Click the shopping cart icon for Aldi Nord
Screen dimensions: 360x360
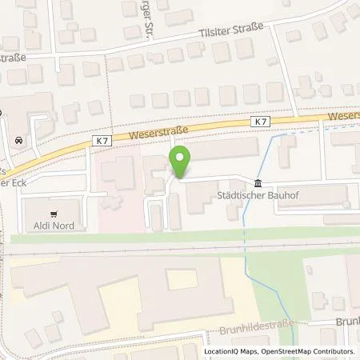tap(54, 214)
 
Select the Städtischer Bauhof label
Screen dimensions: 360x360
tap(253, 194)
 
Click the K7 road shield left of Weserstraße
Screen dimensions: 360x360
tap(101, 141)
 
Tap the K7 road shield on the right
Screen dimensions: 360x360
tap(259, 122)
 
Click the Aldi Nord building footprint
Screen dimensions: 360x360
tap(56, 214)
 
